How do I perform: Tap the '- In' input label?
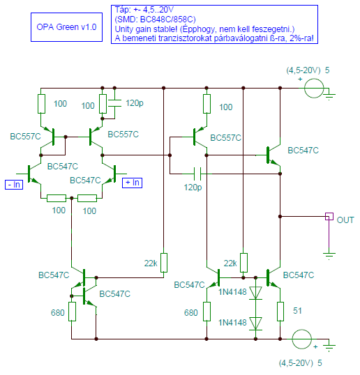pyautogui.click(x=14, y=185)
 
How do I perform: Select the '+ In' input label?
pyautogui.click(x=132, y=183)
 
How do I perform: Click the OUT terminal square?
pyautogui.click(x=329, y=217)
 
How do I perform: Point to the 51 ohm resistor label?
pyautogui.click(x=297, y=311)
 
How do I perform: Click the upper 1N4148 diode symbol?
pyautogui.click(x=255, y=293)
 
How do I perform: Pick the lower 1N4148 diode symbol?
pyautogui.click(x=255, y=324)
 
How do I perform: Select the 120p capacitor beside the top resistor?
pyautogui.click(x=114, y=103)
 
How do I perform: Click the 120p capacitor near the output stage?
pyautogui.click(x=197, y=174)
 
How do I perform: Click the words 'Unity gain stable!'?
pyautogui.click(x=146, y=29)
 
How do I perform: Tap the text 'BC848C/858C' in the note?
pyautogui.click(x=168, y=19)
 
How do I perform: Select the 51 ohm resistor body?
pyautogui.click(x=280, y=312)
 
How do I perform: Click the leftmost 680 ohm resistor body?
pyautogui.click(x=72, y=312)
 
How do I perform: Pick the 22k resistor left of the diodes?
pyautogui.click(x=243, y=263)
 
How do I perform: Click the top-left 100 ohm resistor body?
pyautogui.click(x=41, y=104)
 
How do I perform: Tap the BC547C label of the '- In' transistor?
pyautogui.click(x=63, y=167)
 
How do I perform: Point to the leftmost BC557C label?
pyautogui.click(x=25, y=137)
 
